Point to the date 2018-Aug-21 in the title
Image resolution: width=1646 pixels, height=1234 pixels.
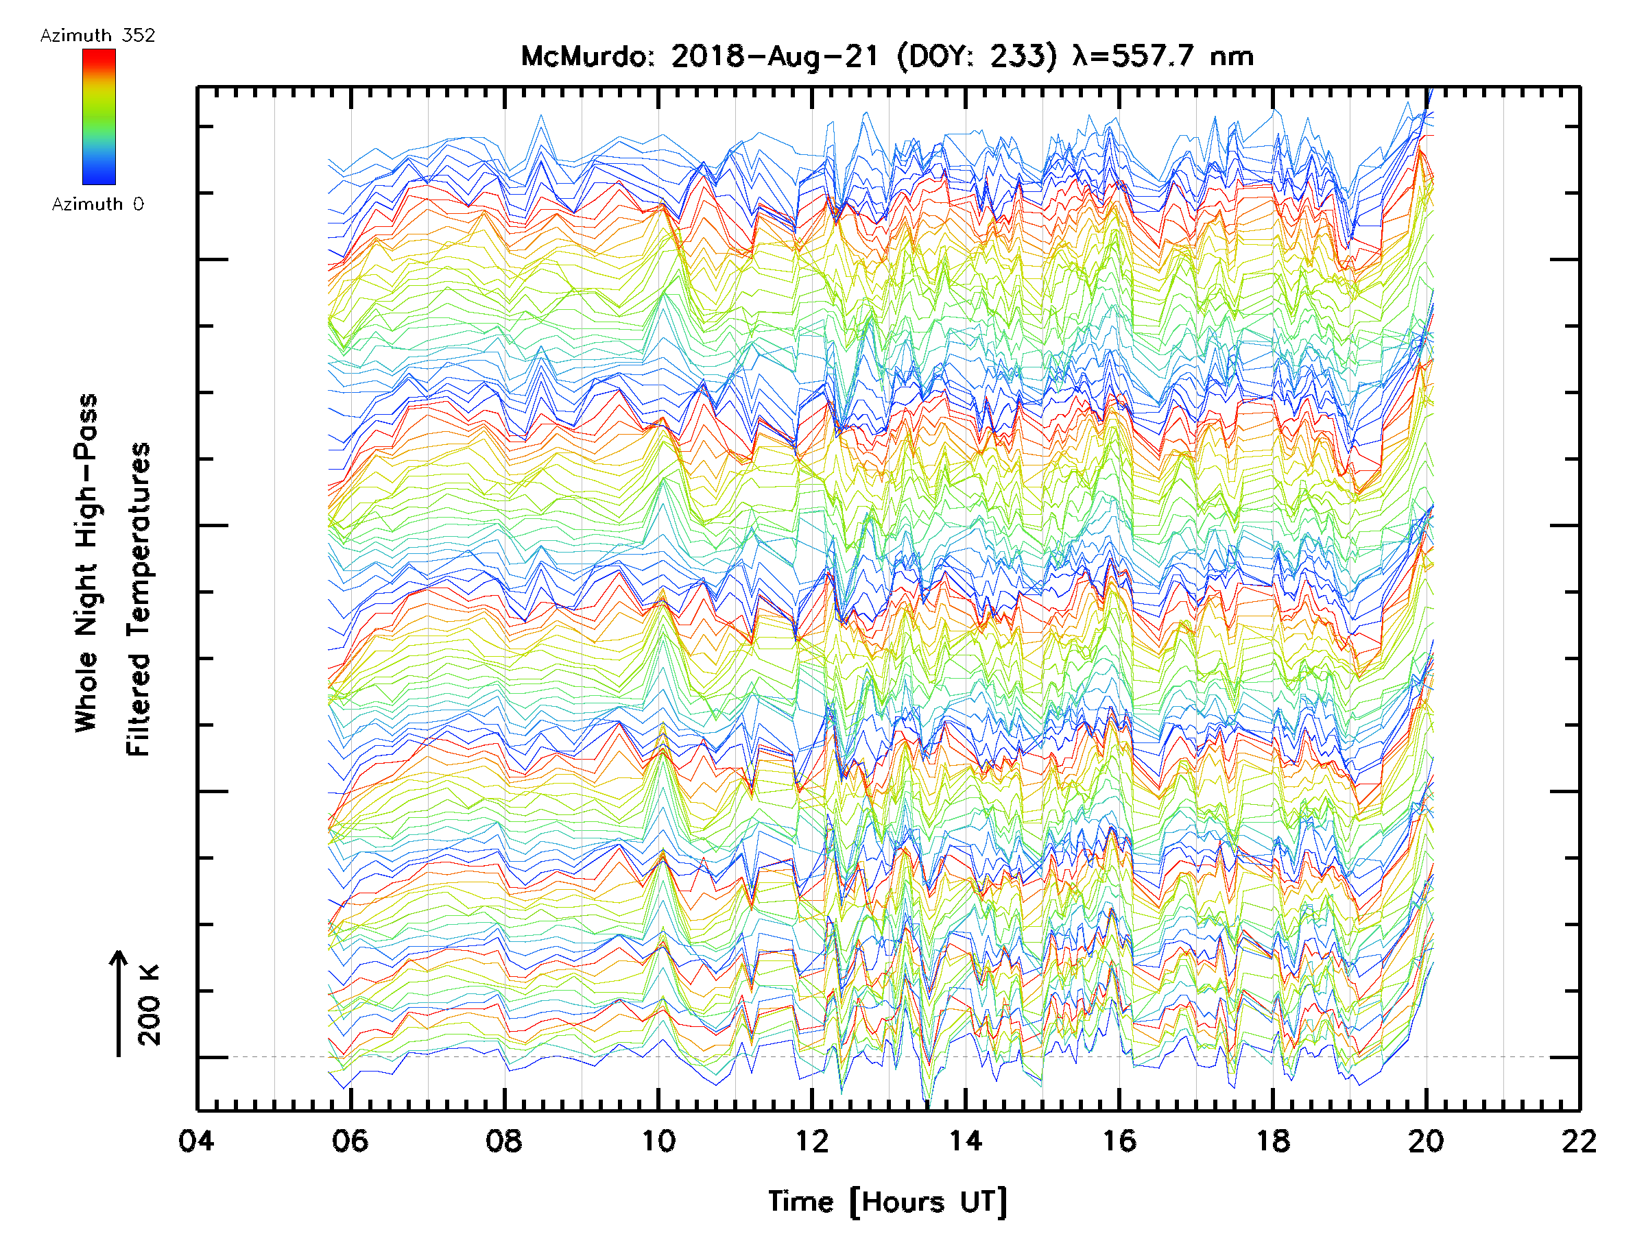(x=774, y=56)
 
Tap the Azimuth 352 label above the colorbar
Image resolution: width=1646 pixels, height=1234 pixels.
(x=97, y=35)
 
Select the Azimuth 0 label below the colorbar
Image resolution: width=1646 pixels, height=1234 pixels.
(x=97, y=204)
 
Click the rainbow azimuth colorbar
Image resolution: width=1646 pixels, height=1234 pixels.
(x=99, y=117)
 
